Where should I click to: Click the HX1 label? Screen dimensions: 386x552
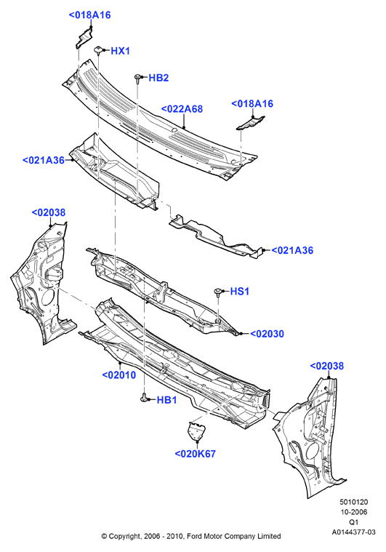pyautogui.click(x=121, y=51)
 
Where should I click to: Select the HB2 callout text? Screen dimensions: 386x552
pyautogui.click(x=158, y=78)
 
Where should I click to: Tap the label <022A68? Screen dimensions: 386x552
pyautogui.click(x=182, y=109)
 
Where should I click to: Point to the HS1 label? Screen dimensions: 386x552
pyautogui.click(x=240, y=292)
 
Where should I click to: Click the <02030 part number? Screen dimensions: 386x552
pyautogui.click(x=267, y=334)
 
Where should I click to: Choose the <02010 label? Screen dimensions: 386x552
pyautogui.click(x=119, y=375)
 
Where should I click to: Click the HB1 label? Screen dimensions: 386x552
pyautogui.click(x=166, y=400)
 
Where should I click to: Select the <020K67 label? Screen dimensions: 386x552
pyautogui.click(x=196, y=454)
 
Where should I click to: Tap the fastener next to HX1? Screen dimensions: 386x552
pyautogui.click(x=98, y=49)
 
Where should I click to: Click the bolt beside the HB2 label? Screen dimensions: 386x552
pyautogui.click(x=138, y=79)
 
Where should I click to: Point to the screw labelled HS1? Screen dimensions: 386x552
pyautogui.click(x=218, y=292)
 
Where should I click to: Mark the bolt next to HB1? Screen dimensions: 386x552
pyautogui.click(x=144, y=398)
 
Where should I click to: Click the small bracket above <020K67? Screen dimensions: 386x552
pyautogui.click(x=196, y=431)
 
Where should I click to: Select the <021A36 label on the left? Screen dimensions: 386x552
pyautogui.click(x=44, y=161)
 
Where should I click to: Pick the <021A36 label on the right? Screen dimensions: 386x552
pyautogui.click(x=292, y=251)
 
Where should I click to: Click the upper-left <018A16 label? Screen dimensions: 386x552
pyautogui.click(x=89, y=15)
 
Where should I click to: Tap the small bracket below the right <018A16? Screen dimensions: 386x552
pyautogui.click(x=251, y=123)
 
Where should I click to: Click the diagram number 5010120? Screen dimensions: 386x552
pyautogui.click(x=353, y=502)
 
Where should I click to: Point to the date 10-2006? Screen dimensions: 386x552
pyautogui.click(x=353, y=512)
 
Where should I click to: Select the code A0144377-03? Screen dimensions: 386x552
pyautogui.click(x=353, y=532)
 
